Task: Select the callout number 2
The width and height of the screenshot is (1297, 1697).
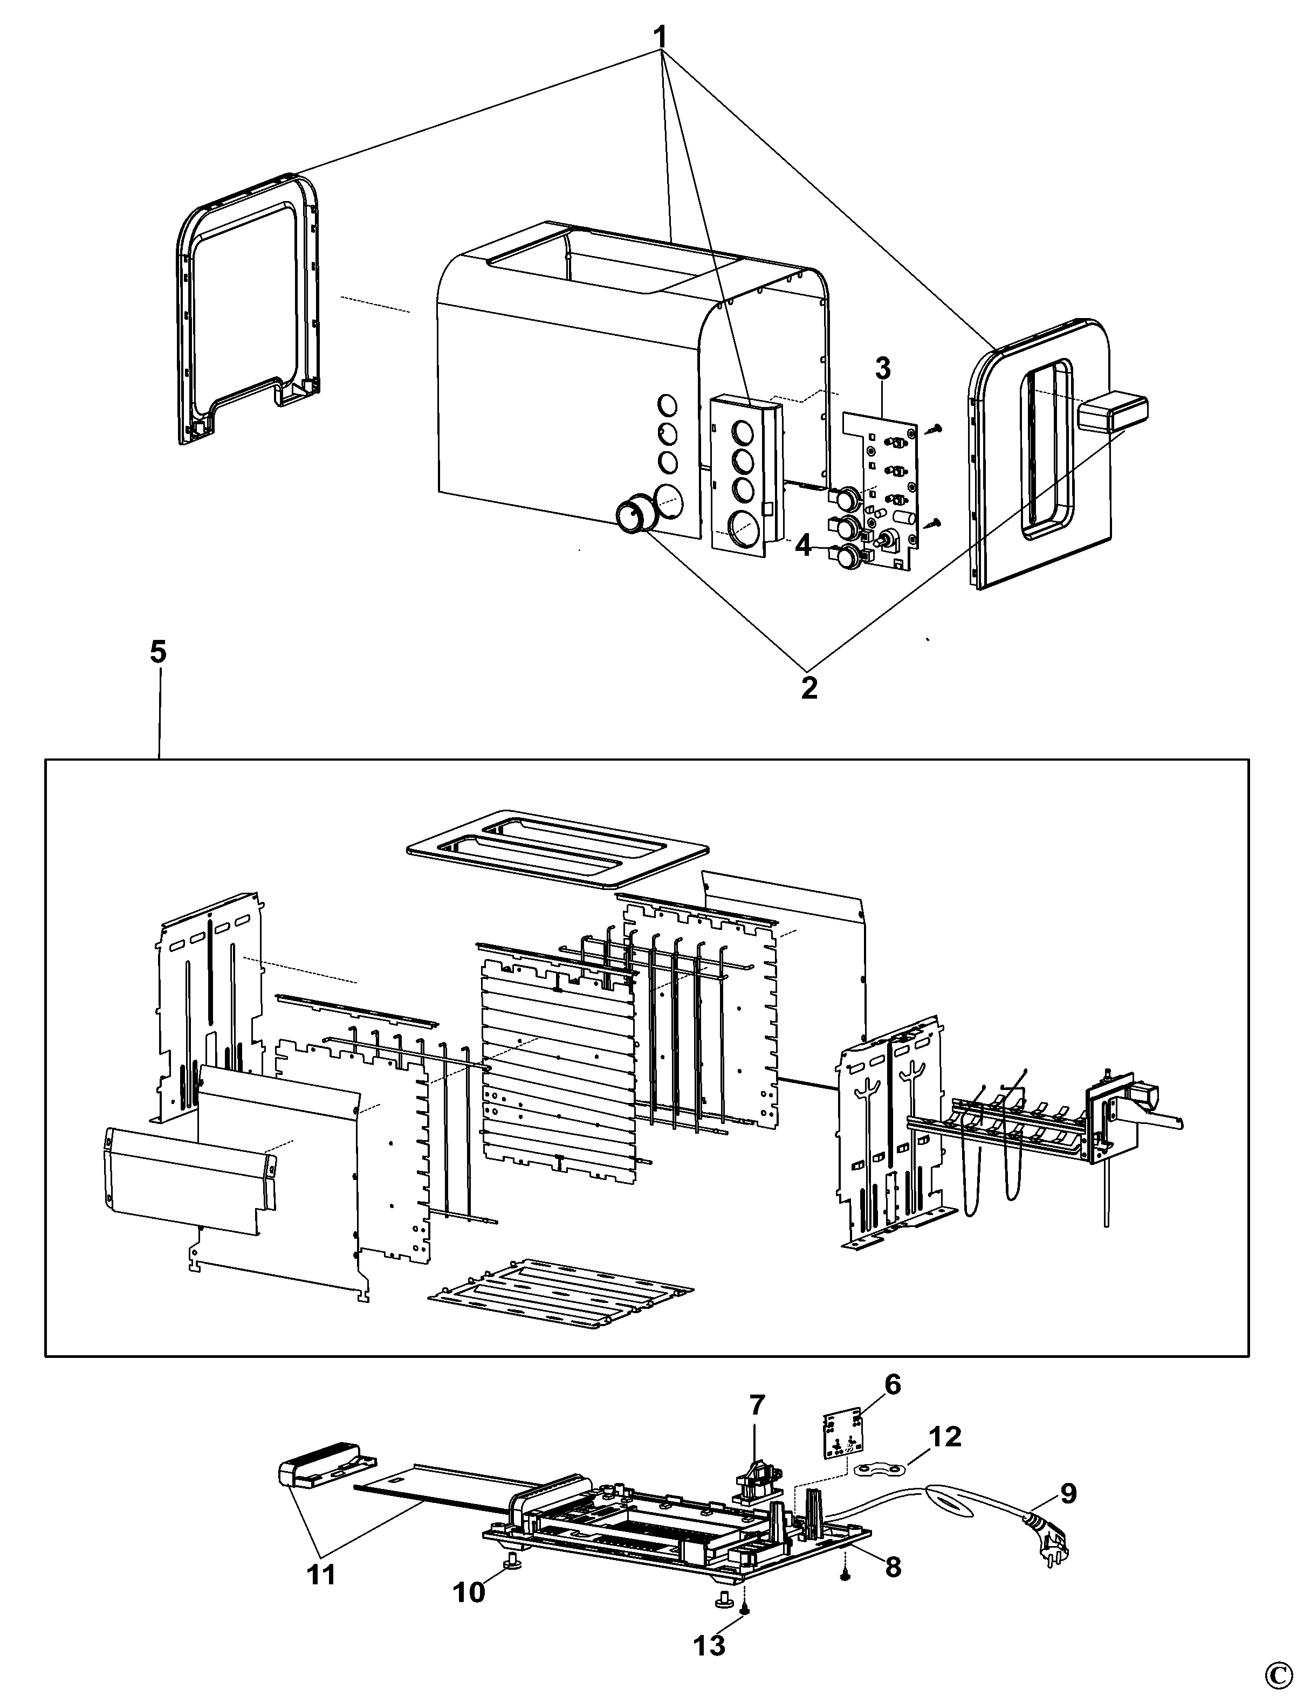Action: click(808, 687)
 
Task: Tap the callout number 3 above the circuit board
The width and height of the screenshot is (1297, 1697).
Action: click(882, 369)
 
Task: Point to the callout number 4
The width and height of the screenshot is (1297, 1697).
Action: click(804, 547)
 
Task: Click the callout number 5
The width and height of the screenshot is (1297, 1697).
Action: click(157, 652)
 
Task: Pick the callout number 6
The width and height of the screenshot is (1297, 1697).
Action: click(891, 1384)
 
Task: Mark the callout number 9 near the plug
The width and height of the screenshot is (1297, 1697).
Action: click(1068, 1493)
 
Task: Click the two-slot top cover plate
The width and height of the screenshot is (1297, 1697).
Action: click(558, 849)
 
